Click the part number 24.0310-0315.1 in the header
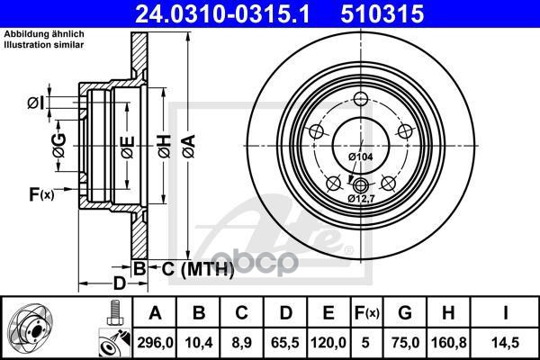click(x=222, y=13)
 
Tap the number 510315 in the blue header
click(x=382, y=13)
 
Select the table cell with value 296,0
click(x=155, y=342)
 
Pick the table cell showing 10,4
click(x=199, y=342)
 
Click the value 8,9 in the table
click(x=242, y=342)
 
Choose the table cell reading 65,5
click(x=285, y=342)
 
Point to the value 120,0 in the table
click(x=328, y=342)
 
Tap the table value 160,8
click(x=449, y=342)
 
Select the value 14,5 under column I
click(x=506, y=342)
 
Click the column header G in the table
click(x=405, y=313)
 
